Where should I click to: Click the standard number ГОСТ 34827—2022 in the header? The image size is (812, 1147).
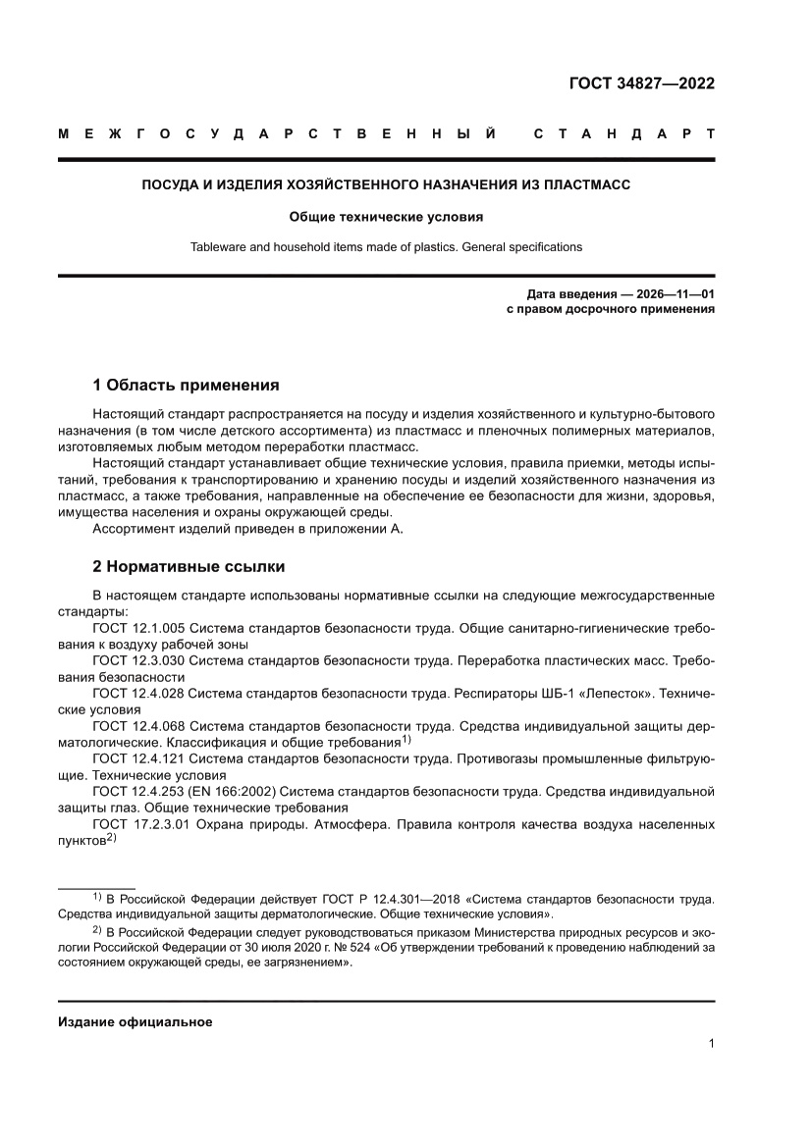642,83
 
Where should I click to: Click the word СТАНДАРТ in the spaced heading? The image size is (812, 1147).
623,133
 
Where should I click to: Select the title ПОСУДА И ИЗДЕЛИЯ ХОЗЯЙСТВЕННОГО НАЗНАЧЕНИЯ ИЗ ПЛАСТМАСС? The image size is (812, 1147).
386,184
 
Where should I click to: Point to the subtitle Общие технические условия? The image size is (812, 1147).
386,217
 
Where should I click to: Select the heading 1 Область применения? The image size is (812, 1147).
186,385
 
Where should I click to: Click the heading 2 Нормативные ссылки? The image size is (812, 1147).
189,566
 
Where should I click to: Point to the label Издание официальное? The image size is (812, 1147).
135,1021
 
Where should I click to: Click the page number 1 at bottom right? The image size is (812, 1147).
710,1044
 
